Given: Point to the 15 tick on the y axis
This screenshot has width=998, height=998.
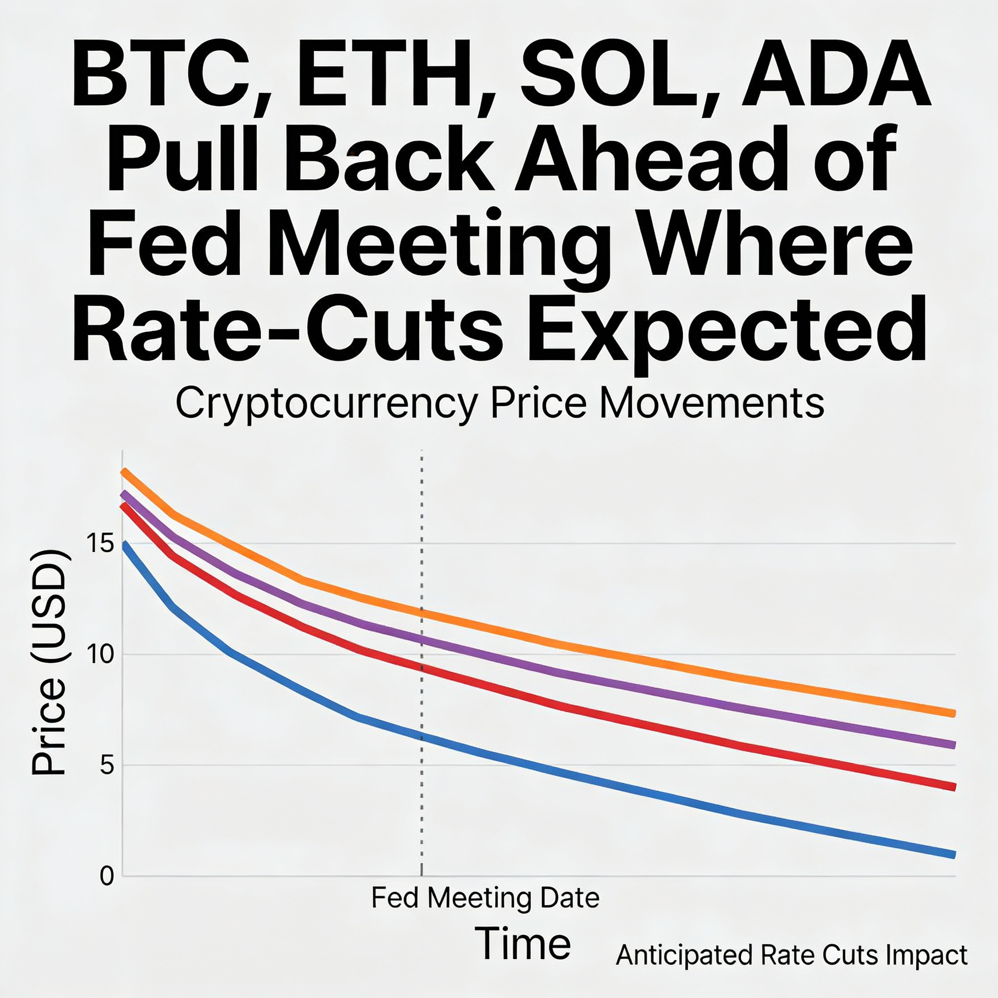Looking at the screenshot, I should click(x=100, y=543).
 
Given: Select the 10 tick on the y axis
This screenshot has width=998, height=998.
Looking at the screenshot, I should click(x=100, y=655).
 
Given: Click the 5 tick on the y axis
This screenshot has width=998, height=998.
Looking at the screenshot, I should click(x=106, y=765).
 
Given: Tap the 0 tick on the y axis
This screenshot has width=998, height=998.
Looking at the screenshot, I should click(x=106, y=876).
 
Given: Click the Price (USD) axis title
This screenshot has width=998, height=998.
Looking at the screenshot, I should click(x=49, y=663).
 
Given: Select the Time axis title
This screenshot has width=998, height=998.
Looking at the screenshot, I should click(x=522, y=944).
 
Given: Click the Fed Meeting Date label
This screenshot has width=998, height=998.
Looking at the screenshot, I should click(x=485, y=898).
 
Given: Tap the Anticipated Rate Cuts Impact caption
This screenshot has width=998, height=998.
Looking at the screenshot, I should click(x=791, y=955).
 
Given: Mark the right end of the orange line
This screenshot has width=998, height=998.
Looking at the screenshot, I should click(x=954, y=713).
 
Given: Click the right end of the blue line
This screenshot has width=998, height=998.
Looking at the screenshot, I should click(x=954, y=855).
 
